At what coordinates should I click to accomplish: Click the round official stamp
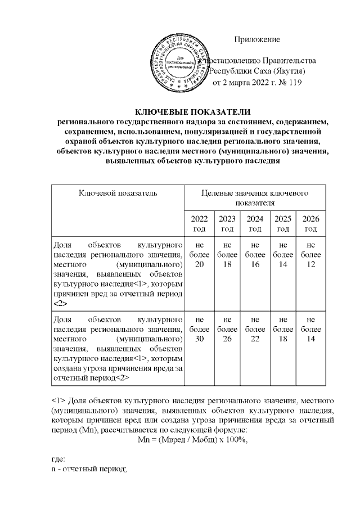click(179, 61)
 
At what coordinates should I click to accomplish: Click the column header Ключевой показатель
click(118, 193)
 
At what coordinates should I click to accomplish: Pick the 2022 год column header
click(199, 223)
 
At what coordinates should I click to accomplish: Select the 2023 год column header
click(227, 223)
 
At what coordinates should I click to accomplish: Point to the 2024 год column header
click(255, 223)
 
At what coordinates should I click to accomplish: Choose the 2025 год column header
click(283, 223)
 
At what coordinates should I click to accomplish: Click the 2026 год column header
click(311, 223)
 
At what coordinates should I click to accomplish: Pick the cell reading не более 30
click(199, 328)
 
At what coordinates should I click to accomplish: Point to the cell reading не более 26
click(227, 328)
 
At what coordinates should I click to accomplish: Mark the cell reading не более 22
click(255, 328)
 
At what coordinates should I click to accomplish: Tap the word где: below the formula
click(58, 460)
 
